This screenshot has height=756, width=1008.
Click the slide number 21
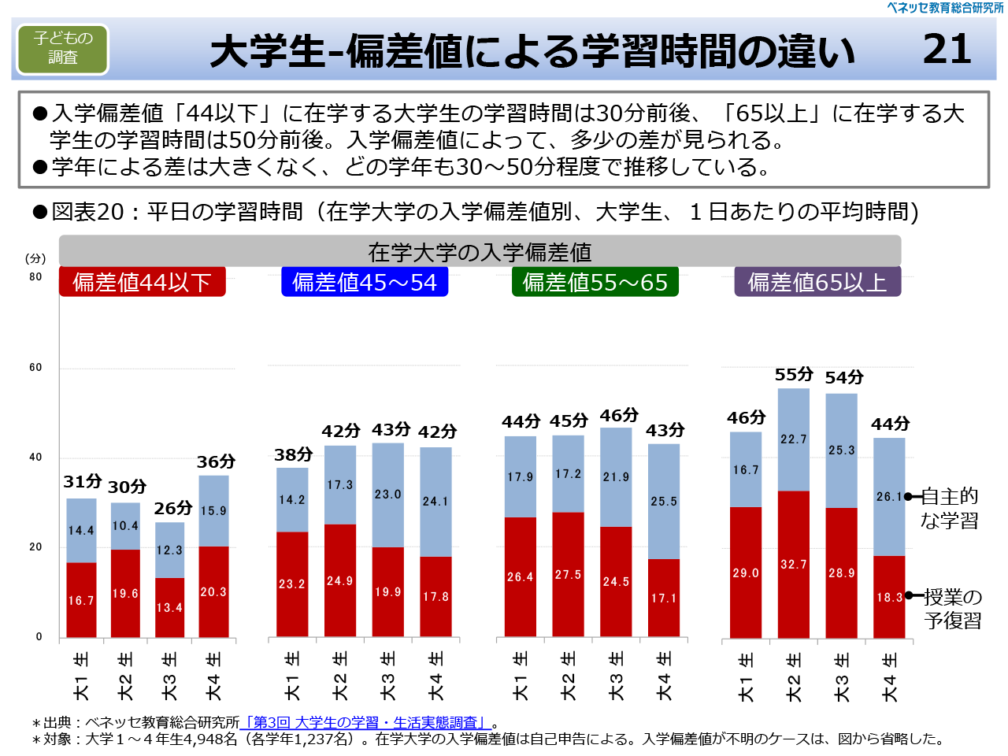point(947,49)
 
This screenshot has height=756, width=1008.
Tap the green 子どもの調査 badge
point(63,49)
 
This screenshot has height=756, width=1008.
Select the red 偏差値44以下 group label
point(143,282)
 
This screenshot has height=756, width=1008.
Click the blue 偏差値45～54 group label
point(365,282)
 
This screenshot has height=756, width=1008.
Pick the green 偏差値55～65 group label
point(595,282)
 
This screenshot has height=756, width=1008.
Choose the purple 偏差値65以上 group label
point(817,282)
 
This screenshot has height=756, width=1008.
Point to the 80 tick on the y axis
point(35,277)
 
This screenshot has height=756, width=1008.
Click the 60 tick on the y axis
point(35,368)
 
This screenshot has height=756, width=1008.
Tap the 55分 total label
point(794,375)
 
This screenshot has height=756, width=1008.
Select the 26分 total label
point(173,509)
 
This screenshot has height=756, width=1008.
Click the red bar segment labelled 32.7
point(794,564)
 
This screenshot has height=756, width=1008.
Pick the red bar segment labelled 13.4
point(169,607)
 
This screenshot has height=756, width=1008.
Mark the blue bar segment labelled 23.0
point(388,495)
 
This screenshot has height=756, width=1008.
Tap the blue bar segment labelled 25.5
point(664,502)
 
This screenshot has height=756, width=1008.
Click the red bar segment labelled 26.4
point(521,576)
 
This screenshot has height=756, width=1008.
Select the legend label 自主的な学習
point(950,508)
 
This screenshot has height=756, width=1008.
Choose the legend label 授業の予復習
point(953,609)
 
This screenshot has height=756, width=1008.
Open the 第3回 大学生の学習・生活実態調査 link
point(365,722)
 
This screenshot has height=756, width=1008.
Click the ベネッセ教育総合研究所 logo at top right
point(945,8)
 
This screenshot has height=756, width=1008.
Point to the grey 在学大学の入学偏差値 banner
point(480,252)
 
